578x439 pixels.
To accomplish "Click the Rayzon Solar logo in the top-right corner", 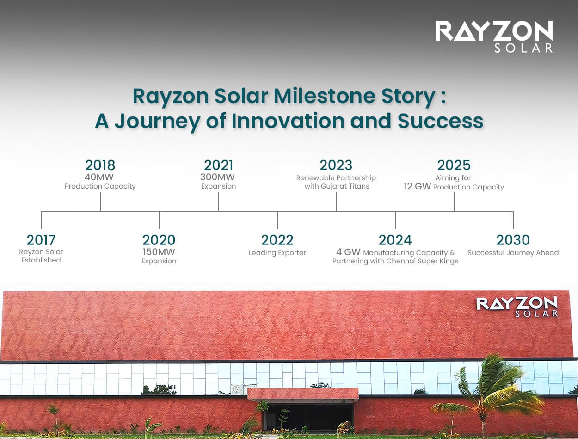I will click(494, 36).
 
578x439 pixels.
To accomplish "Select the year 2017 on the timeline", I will click(41, 240).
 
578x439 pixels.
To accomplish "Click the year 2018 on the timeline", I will click(100, 165).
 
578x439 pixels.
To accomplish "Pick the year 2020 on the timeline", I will click(159, 240).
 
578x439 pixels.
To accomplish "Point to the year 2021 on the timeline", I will click(218, 165).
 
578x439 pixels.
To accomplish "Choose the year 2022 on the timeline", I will click(277, 240).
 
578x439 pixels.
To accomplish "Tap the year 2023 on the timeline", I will click(336, 165).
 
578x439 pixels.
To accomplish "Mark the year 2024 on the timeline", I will click(395, 240).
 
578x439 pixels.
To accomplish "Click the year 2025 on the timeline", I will click(454, 165).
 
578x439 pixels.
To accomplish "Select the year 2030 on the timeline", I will click(513, 240).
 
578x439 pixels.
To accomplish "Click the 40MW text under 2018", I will click(99, 177).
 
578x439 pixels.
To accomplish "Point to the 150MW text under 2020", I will click(159, 252).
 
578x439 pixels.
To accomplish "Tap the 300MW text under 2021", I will click(217, 177).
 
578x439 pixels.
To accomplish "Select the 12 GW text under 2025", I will click(417, 187).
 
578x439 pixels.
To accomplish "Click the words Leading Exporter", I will click(277, 253).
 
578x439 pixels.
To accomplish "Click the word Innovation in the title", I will click(288, 121).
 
